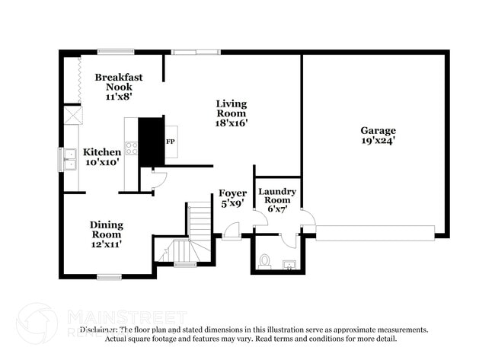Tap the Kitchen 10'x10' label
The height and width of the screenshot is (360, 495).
coord(101,157)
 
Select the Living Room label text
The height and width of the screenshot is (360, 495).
coord(231,113)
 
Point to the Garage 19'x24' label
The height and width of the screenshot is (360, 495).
coord(378,135)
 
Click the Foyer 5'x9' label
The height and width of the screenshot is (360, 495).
coord(232,198)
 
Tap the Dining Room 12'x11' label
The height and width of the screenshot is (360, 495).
coord(106,234)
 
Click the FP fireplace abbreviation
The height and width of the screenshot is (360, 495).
coord(170,142)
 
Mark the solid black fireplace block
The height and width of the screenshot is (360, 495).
coord(151,141)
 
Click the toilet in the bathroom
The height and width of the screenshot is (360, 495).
coord(264,261)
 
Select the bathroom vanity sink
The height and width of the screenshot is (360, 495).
coord(289,265)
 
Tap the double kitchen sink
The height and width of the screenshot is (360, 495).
coord(69,158)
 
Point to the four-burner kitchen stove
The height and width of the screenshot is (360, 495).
coord(131,148)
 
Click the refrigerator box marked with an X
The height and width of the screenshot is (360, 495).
coord(72,115)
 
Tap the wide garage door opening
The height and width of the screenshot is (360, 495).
coord(375,232)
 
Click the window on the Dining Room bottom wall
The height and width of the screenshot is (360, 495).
coord(109,276)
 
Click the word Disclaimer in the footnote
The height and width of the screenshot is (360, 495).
coord(100,330)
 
